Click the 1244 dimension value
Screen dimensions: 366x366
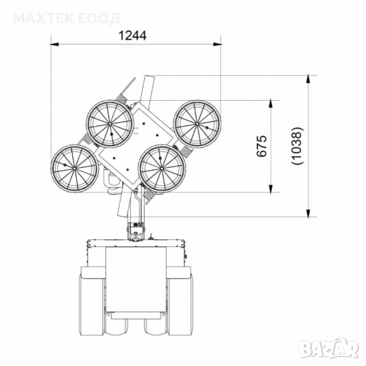[132, 36]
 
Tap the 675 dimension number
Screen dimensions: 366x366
[261, 146]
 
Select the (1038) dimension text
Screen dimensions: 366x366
[298, 146]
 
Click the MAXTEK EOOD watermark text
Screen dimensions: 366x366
[66, 18]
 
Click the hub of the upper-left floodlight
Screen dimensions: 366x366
[110, 124]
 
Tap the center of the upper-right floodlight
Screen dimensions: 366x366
[197, 124]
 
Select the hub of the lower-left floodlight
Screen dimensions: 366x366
[74, 168]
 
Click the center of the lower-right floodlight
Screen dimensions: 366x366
[162, 168]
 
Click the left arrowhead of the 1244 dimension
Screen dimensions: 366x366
[54, 44]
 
